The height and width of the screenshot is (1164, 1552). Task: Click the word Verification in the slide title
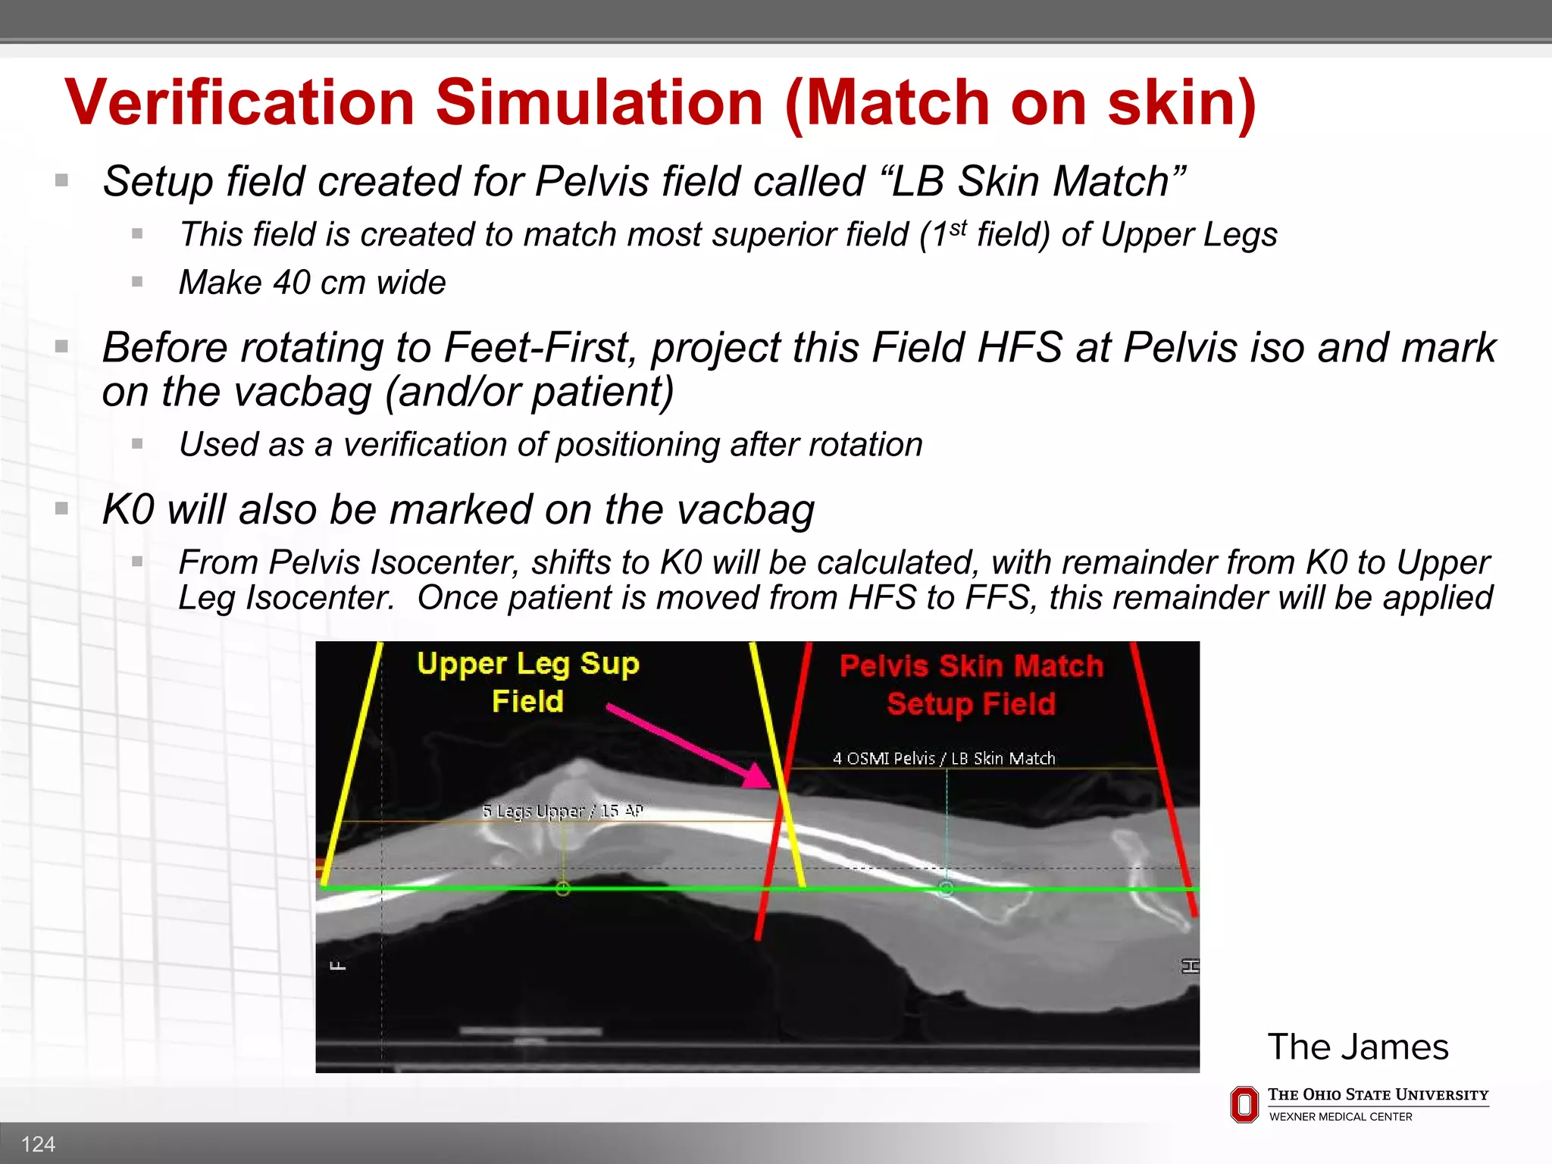240,103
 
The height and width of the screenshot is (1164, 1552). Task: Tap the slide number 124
38,1144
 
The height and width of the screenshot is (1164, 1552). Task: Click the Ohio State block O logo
1244,1105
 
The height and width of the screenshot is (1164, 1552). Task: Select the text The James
1357,1047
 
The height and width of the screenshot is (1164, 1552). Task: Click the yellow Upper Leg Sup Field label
528,682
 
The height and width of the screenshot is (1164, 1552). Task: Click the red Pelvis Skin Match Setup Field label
972,685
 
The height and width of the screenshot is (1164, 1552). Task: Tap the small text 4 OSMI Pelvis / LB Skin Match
943,759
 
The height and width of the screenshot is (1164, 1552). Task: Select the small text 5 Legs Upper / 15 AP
562,811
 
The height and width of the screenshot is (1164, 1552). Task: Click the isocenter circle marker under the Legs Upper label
562,889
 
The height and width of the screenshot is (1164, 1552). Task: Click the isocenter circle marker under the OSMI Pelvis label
946,889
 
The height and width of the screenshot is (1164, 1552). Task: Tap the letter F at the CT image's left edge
338,966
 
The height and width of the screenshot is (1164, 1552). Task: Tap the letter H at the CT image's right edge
1190,966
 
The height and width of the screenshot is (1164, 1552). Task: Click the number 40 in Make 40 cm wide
291,283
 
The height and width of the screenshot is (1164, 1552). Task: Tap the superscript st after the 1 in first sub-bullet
958,227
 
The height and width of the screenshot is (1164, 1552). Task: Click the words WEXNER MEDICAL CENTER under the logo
1341,1117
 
